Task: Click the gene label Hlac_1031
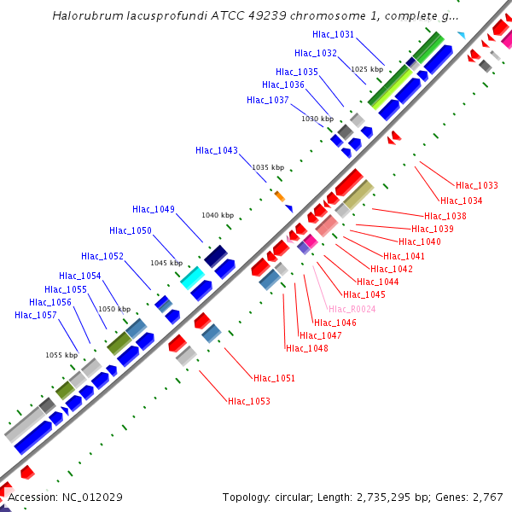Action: (333, 34)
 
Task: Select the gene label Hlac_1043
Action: (217, 150)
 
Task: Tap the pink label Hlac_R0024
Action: (352, 309)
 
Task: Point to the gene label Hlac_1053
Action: (249, 400)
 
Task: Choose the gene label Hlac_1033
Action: (477, 185)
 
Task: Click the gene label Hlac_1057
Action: (36, 315)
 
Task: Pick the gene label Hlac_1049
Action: (154, 209)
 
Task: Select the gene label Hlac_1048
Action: (307, 348)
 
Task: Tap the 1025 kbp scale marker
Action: (367, 69)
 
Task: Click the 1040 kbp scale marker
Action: (218, 215)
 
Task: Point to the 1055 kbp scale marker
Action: (61, 355)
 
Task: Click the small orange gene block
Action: (279, 196)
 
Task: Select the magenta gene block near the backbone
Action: (311, 241)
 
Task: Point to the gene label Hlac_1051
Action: (274, 378)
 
